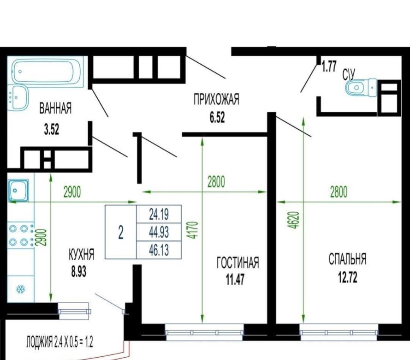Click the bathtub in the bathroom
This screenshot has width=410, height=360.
coord(48,72)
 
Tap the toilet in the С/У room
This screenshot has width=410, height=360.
coord(361,87)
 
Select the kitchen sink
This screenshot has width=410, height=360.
coord(18,190)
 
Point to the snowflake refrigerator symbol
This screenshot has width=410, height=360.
coord(20,289)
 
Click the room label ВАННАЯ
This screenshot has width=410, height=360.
coord(55,108)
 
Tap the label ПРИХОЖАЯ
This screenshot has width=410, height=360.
coord(216,99)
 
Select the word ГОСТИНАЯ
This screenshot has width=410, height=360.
coord(238,263)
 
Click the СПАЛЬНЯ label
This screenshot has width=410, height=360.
coord(347,259)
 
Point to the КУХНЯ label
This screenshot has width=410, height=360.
coord(81,254)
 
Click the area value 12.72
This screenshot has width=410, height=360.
coord(348,277)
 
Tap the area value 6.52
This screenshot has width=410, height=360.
coord(217,118)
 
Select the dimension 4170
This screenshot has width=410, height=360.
coord(193,230)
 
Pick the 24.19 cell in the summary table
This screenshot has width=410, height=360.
coord(159,214)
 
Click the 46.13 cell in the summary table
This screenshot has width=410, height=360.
coord(159,250)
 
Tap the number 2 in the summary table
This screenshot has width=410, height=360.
coord(121,232)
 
